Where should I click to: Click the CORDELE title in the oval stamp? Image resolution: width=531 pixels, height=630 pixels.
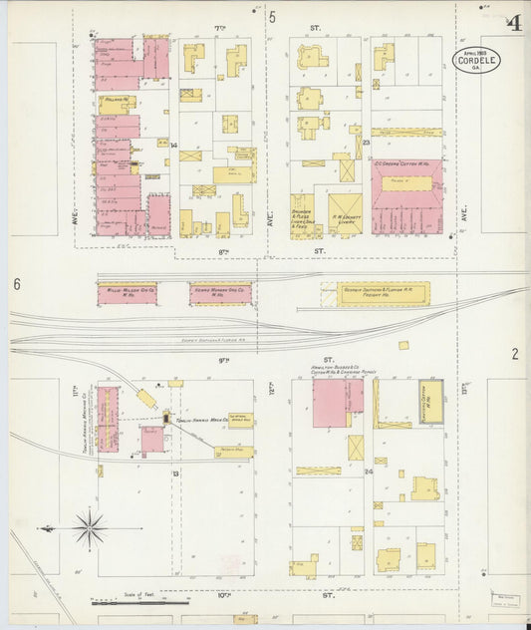(x=476, y=61)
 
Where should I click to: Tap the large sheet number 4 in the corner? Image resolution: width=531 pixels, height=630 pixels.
(x=513, y=23)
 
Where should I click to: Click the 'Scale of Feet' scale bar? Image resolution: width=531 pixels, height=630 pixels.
(x=139, y=602)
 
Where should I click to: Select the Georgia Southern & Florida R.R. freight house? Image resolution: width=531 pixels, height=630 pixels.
(x=375, y=293)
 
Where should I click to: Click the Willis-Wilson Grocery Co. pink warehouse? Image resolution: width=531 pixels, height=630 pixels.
(x=127, y=293)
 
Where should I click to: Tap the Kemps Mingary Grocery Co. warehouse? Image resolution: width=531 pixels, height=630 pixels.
(x=220, y=293)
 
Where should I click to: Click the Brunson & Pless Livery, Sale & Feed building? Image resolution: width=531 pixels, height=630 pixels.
(x=302, y=214)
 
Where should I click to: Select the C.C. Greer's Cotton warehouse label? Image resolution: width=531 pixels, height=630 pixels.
(x=406, y=163)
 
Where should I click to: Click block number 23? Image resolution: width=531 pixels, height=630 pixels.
(x=367, y=143)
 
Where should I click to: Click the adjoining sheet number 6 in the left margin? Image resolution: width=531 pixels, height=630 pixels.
(x=17, y=285)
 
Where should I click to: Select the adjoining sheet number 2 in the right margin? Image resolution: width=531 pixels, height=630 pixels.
(x=515, y=353)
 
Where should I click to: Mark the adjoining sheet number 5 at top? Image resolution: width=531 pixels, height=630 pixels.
(x=271, y=16)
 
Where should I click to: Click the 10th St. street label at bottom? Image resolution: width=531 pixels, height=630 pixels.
(x=271, y=595)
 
